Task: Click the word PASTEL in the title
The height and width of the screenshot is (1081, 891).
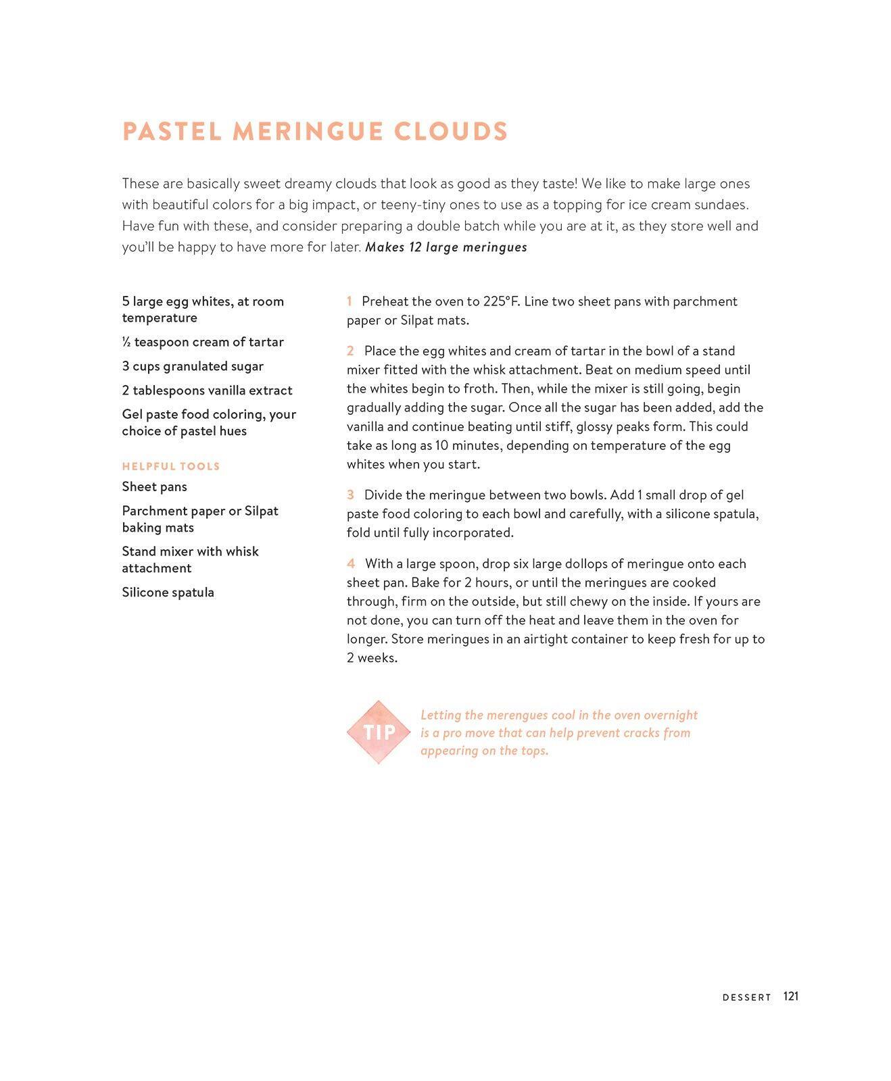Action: click(172, 131)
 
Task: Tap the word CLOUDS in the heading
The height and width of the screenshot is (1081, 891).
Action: click(451, 131)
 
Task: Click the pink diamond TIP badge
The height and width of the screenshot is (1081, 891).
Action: click(379, 732)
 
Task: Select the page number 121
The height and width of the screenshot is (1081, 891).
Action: click(791, 997)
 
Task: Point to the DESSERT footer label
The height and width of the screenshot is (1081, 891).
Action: click(747, 997)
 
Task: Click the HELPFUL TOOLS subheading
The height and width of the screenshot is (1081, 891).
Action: click(171, 466)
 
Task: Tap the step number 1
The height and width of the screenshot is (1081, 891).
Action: click(350, 301)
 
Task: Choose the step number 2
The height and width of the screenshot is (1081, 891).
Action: click(350, 351)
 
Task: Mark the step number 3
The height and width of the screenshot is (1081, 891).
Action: click(350, 495)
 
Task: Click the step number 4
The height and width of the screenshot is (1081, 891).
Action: click(351, 563)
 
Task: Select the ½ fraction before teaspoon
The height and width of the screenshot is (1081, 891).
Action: click(126, 342)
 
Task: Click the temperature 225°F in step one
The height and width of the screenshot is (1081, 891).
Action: click(501, 301)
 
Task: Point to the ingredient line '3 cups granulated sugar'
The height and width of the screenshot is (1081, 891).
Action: click(193, 366)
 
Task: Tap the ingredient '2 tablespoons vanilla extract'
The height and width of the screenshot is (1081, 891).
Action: click(207, 391)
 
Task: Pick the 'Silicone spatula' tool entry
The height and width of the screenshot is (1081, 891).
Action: click(168, 593)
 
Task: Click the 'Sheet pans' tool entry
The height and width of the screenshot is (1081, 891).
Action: click(154, 486)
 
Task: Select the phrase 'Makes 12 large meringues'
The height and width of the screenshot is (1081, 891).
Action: click(446, 247)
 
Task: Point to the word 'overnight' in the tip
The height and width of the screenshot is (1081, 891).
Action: click(671, 715)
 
